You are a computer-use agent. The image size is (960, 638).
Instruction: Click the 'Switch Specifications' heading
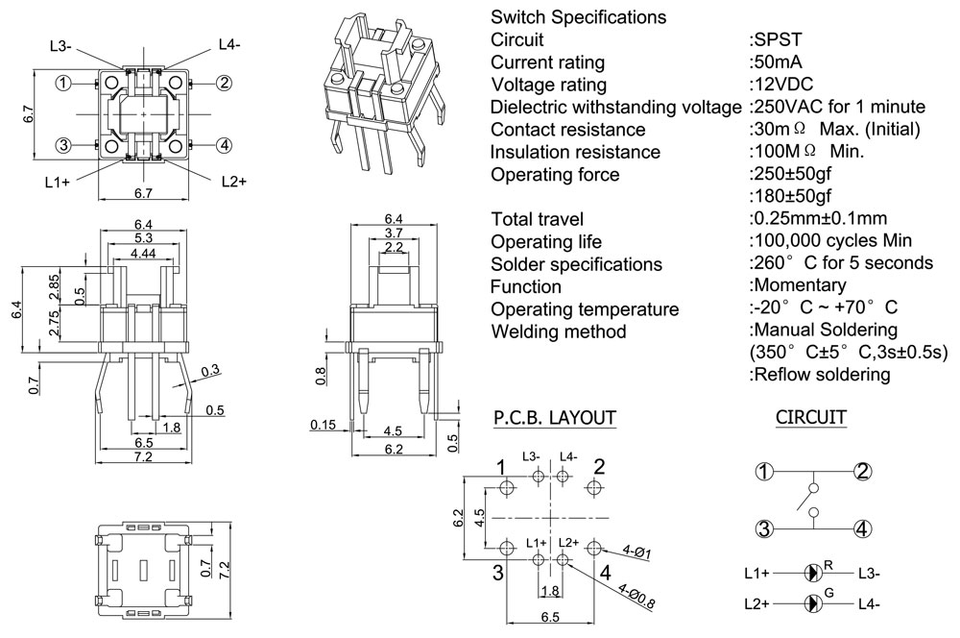click(578, 17)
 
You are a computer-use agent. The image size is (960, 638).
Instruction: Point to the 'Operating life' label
click(546, 241)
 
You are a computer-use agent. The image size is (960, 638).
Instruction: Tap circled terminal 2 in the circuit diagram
click(862, 472)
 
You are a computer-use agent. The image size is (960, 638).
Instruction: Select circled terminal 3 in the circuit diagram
click(764, 528)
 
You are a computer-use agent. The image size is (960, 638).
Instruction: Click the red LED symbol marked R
click(813, 573)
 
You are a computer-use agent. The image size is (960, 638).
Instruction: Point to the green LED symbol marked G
click(813, 603)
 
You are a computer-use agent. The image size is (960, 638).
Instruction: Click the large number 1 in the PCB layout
click(501, 468)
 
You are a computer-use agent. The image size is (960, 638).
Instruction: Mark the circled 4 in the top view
click(223, 145)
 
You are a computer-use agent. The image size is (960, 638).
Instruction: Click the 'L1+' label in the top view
click(57, 182)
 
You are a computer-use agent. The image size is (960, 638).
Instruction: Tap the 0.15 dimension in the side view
click(324, 425)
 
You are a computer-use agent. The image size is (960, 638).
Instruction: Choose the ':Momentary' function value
click(798, 285)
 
